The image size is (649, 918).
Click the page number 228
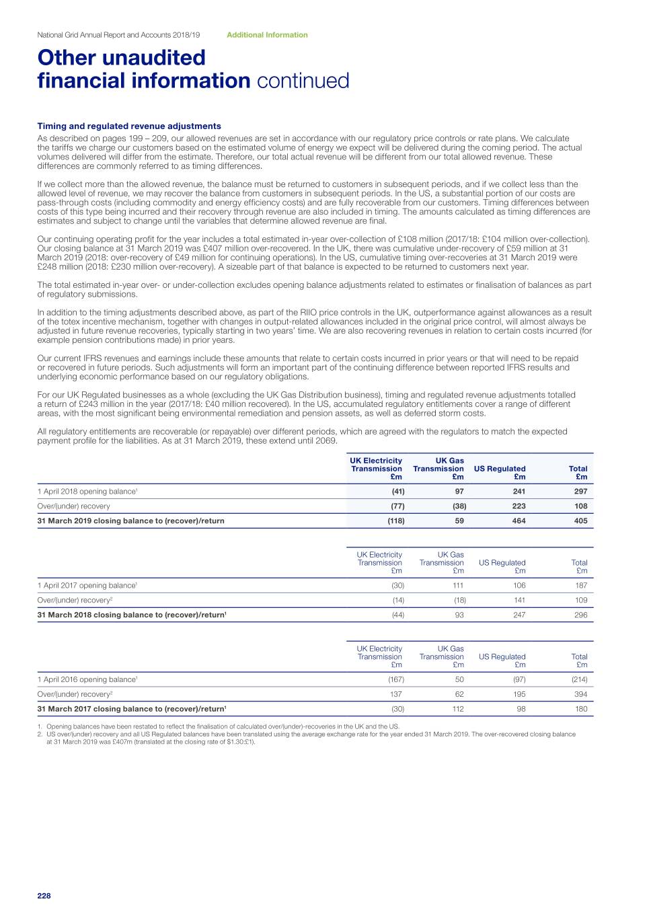[44, 896]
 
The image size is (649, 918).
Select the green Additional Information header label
[267, 35]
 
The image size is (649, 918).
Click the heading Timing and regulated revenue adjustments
[129, 126]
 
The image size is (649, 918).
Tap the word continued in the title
[303, 81]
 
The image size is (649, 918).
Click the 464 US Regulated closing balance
[519, 521]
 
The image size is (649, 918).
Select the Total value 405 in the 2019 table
[580, 521]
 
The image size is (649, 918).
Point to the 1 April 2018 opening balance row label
[87, 491]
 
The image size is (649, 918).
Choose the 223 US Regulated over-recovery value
[519, 506]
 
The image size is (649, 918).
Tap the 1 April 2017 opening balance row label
[87, 585]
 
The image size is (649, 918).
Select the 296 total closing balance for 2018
[580, 615]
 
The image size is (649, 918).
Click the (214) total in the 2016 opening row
[579, 679]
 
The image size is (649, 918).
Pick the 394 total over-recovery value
[580, 694]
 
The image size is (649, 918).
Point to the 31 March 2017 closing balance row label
[131, 709]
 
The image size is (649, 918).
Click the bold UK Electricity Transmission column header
[377, 469]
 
